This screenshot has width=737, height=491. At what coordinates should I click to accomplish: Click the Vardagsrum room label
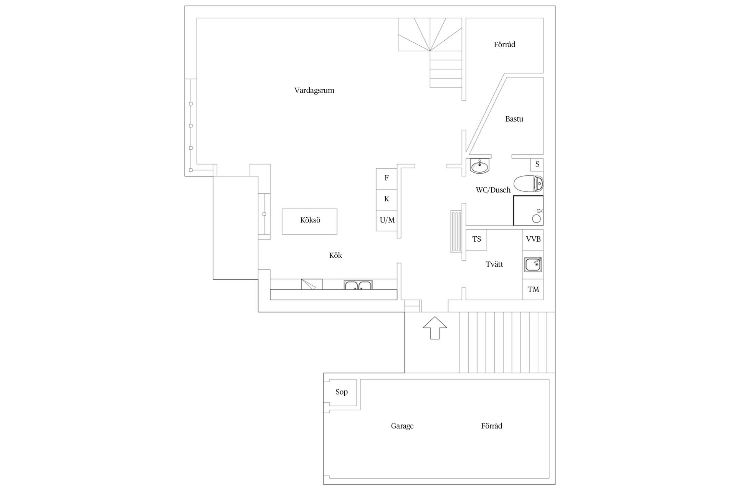(314, 91)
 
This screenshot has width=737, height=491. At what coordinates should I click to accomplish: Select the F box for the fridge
(386, 178)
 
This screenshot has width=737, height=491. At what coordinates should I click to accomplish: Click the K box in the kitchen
(386, 199)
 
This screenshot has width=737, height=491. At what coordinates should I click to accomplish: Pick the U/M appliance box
(387, 220)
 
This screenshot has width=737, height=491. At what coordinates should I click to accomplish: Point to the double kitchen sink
(358, 285)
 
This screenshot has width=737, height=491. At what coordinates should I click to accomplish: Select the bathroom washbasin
(480, 166)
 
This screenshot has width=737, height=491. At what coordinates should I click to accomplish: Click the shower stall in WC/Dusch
(528, 210)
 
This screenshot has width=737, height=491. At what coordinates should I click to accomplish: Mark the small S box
(537, 164)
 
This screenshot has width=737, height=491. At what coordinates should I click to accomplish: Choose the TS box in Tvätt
(476, 239)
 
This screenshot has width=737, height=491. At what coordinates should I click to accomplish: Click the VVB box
(533, 239)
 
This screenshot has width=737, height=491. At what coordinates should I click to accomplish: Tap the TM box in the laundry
(533, 290)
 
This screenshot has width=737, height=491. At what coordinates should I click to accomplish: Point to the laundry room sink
(533, 264)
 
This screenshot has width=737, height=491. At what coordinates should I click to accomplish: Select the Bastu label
(514, 119)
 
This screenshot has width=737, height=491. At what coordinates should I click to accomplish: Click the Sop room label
(341, 392)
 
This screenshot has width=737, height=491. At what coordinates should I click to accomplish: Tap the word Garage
(402, 426)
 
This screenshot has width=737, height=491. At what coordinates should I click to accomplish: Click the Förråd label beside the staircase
(504, 44)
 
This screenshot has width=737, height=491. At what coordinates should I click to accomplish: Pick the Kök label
(335, 255)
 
